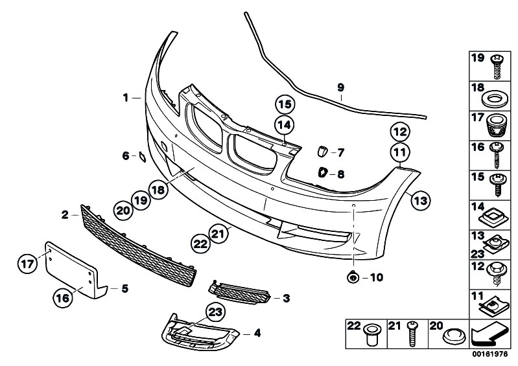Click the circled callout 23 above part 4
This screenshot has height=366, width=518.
click(215, 312)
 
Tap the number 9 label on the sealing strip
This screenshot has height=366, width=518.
click(341, 87)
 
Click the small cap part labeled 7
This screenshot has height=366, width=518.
click(321, 152)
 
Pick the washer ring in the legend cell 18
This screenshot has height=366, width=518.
click(496, 98)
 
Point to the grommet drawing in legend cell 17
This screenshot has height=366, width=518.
click(496, 123)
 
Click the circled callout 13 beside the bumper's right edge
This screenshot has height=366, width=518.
click(420, 201)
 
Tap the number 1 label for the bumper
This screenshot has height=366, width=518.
click(126, 98)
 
